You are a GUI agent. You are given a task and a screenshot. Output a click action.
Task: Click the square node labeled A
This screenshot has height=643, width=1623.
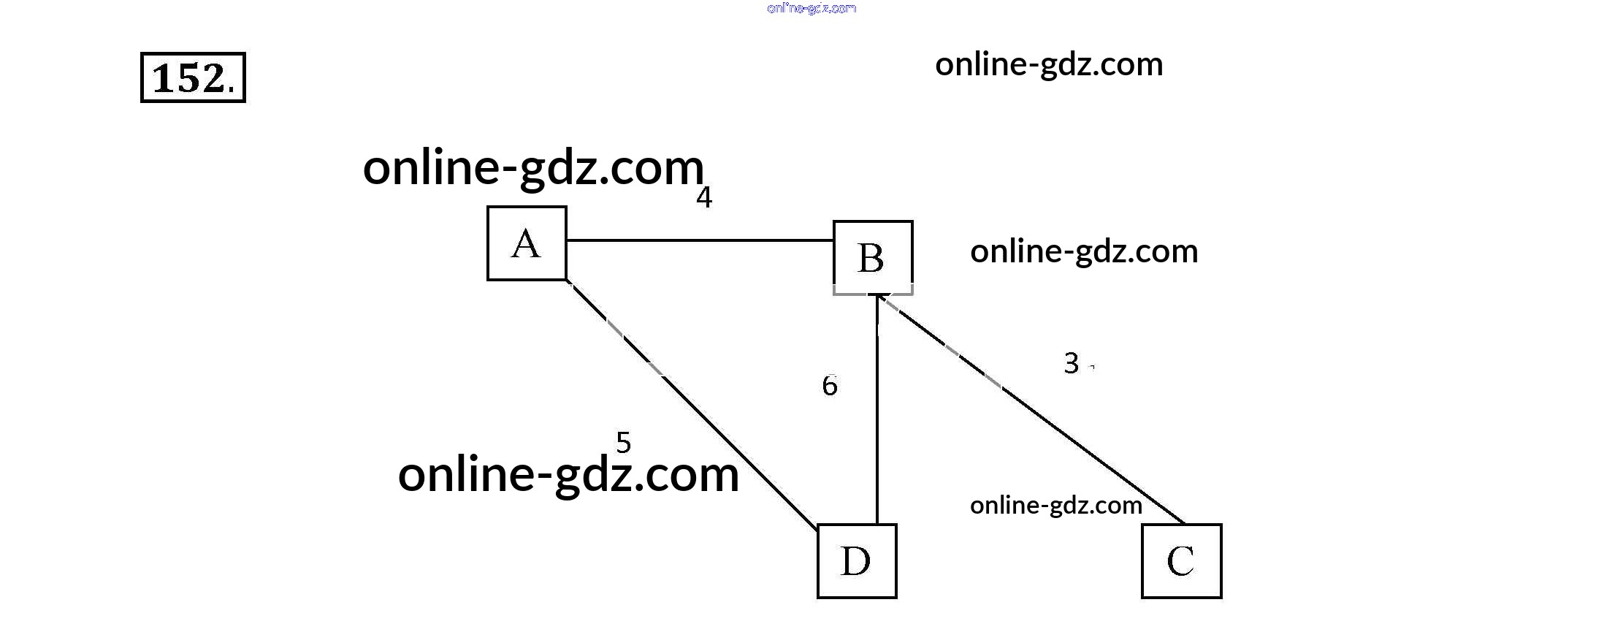(527, 243)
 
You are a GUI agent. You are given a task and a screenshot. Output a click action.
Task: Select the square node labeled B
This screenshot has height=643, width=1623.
(873, 257)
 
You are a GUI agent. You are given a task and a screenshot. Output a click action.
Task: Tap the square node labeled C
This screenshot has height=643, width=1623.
(1181, 561)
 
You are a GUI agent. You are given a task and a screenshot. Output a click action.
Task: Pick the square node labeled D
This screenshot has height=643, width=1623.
(857, 561)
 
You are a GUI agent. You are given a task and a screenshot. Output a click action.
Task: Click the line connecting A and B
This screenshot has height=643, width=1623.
(700, 240)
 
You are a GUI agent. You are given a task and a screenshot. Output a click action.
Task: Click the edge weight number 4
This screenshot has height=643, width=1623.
(704, 197)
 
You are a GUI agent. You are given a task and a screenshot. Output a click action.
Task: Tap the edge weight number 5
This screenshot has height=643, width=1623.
(623, 442)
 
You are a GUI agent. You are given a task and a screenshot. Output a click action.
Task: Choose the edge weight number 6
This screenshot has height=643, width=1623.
(830, 386)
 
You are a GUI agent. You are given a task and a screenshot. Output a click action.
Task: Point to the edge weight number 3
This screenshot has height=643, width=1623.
(1072, 363)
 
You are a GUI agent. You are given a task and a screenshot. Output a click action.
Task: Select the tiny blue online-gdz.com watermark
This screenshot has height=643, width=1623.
(811, 8)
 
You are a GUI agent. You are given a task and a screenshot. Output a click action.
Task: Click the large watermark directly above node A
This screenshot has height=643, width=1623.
(533, 168)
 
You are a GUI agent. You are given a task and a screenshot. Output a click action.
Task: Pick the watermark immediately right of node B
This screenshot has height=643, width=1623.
(1084, 251)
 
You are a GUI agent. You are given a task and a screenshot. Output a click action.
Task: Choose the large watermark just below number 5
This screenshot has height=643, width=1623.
(568, 475)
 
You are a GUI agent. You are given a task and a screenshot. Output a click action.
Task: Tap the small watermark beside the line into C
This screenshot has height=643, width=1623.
(1056, 506)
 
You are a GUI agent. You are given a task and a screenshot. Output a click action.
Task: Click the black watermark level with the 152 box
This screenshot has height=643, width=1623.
(1049, 65)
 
